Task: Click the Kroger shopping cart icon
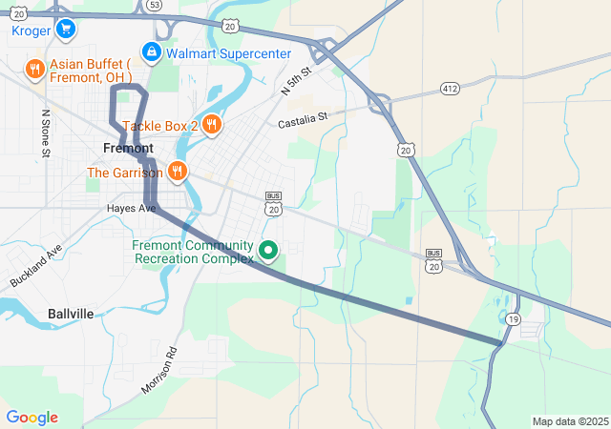(66, 29)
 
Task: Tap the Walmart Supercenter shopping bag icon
(151, 51)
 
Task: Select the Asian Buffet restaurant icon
(34, 69)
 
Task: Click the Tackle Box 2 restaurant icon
(212, 124)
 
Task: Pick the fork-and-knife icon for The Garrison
(177, 172)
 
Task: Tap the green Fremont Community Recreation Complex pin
(268, 251)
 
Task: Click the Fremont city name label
(128, 149)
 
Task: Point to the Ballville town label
(71, 313)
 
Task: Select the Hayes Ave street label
(132, 208)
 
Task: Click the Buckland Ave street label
(36, 266)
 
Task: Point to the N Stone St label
(45, 132)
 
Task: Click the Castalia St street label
(303, 120)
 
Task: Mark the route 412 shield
(451, 88)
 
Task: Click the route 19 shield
(514, 318)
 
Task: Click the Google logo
(32, 418)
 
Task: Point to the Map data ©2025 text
(569, 421)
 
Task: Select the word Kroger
(31, 31)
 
